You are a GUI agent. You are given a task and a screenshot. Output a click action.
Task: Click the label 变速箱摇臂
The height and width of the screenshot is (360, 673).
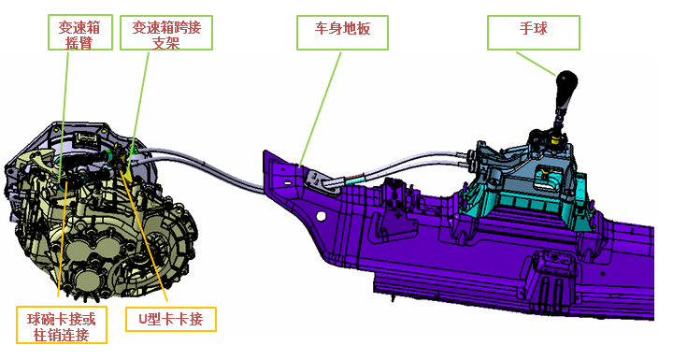79,34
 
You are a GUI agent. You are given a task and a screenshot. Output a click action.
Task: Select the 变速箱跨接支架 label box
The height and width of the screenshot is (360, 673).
166,34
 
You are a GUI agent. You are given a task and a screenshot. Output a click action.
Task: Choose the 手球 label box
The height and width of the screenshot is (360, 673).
534,30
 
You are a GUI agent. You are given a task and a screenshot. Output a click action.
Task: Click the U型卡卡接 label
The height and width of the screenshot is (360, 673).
170,319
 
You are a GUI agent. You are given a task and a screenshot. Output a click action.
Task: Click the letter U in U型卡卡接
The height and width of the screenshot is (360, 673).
143,319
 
